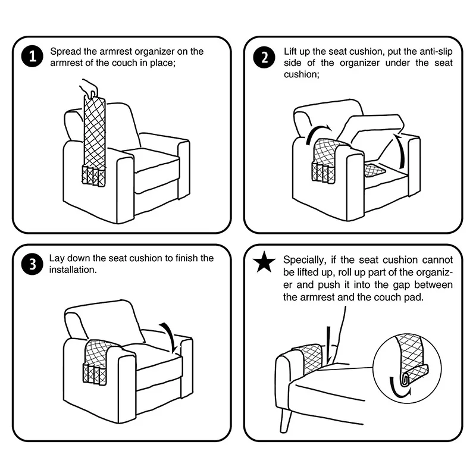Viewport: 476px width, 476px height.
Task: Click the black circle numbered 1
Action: point(33,57)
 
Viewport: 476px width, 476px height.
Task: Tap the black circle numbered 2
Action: point(264,57)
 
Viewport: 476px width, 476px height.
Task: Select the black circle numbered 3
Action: point(33,264)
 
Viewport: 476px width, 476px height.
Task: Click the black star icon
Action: point(264,262)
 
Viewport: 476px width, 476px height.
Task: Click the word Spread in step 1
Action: point(65,52)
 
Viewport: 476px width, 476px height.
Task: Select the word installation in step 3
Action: point(73,270)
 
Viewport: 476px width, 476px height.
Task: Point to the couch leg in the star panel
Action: point(286,420)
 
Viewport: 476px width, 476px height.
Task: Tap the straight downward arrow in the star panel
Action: point(328,345)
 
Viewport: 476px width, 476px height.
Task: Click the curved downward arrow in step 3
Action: point(170,336)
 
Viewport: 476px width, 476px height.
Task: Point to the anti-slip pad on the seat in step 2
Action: point(375,170)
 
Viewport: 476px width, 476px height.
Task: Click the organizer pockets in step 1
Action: point(94,176)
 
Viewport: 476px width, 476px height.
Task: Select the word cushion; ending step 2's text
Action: point(302,74)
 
